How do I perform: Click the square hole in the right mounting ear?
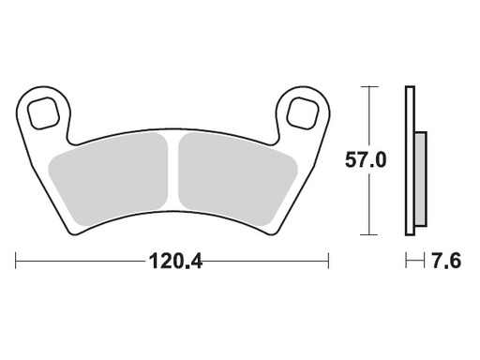click(303, 112)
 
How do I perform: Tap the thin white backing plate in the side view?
click(409, 159)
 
